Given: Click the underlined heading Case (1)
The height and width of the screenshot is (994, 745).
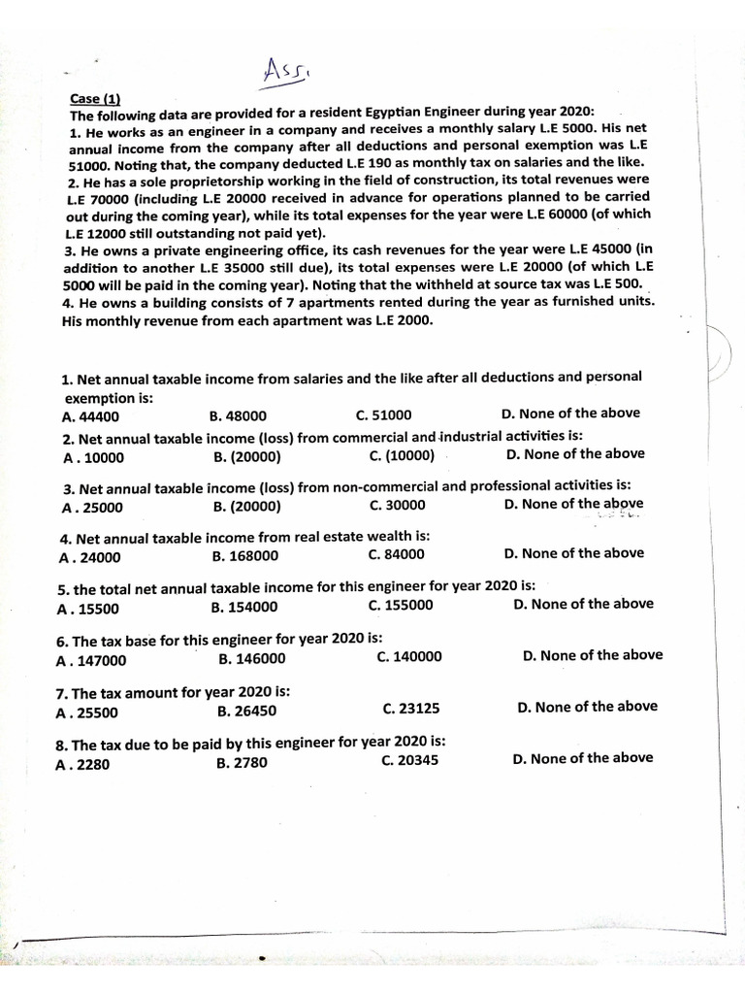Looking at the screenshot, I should (93, 98).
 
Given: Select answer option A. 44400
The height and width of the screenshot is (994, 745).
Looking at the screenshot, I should (90, 416).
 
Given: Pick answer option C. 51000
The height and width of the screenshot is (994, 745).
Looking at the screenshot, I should (384, 414).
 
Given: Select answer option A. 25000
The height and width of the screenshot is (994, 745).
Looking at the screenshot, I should (92, 507).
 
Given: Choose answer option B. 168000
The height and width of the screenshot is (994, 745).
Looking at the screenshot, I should (244, 556).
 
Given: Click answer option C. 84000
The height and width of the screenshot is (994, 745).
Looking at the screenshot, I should (397, 554).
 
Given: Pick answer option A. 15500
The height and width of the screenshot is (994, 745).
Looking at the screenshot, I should (88, 609).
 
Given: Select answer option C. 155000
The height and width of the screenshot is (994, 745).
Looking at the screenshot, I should (401, 606).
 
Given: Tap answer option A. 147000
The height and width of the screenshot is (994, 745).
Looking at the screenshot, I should (91, 660).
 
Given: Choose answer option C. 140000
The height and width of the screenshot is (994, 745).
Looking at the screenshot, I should (409, 656).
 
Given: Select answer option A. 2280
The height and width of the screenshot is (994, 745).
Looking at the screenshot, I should (84, 764).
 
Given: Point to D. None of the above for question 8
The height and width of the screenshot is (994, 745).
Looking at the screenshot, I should (583, 758).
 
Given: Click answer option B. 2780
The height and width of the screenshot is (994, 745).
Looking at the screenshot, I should (243, 763).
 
